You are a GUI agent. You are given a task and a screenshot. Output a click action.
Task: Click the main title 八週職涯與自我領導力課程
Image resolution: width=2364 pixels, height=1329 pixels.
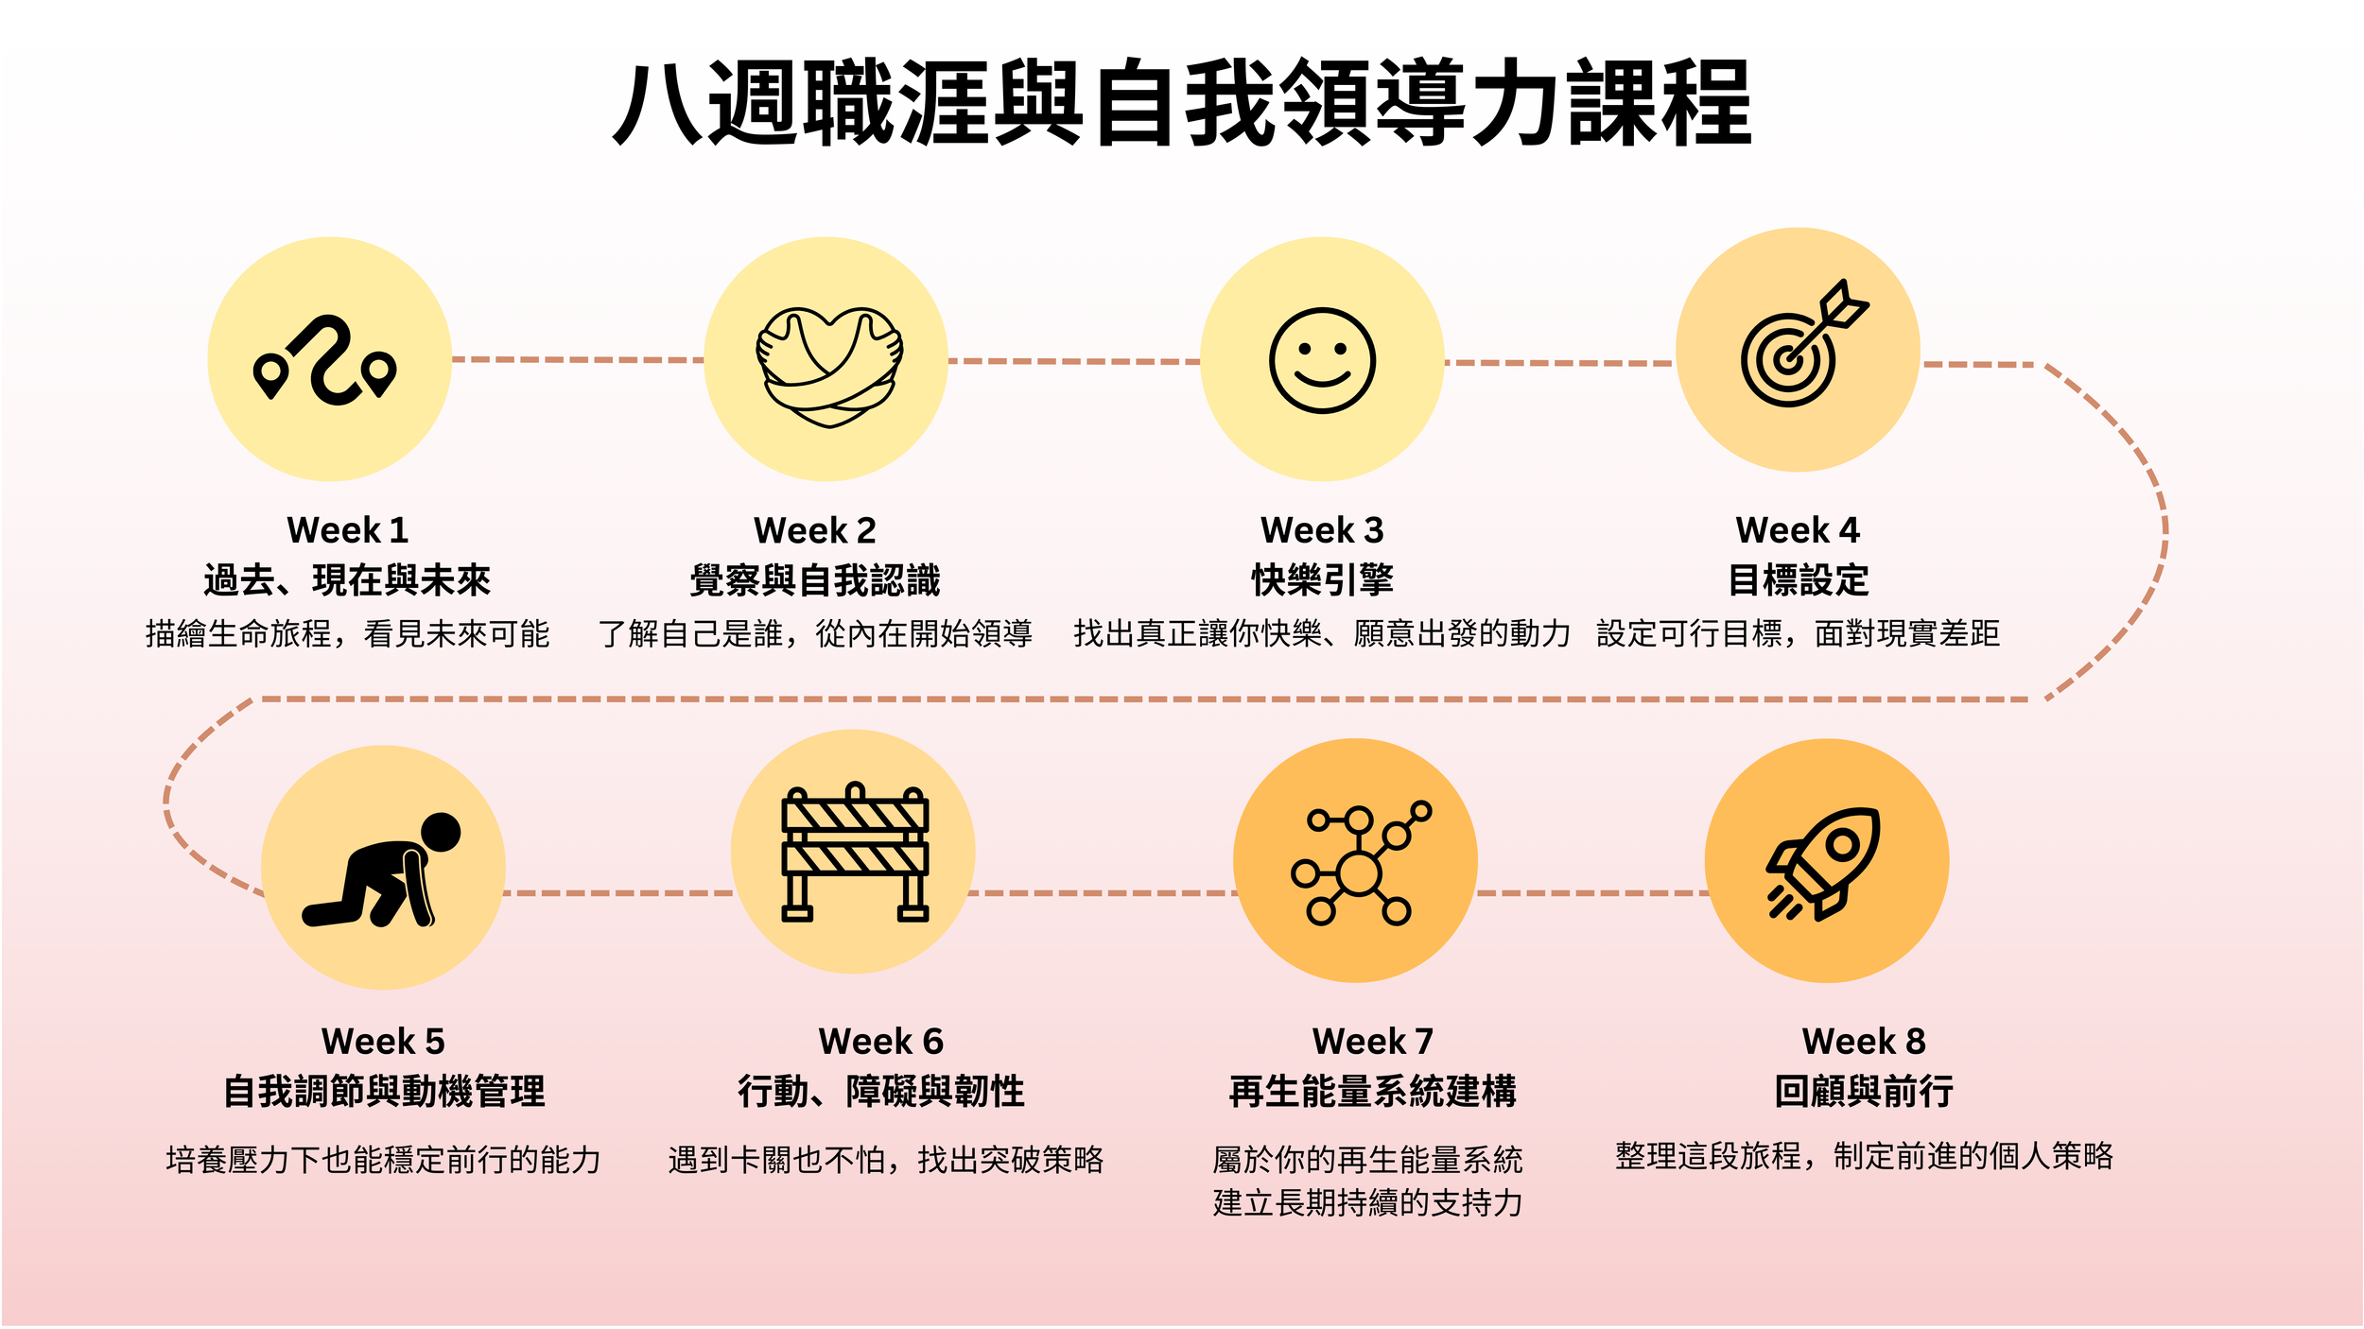(1182, 102)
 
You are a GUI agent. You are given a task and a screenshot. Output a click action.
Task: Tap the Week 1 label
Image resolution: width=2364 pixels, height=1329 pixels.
(347, 530)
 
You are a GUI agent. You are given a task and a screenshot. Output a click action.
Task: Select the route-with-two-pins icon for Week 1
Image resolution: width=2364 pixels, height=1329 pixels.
(326, 360)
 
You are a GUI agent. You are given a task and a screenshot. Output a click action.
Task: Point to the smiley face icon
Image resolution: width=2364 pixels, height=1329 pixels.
(1321, 360)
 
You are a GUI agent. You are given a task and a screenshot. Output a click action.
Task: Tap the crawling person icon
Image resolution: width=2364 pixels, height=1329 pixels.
(383, 870)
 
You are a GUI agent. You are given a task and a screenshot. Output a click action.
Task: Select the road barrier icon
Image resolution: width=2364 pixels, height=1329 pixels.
(854, 853)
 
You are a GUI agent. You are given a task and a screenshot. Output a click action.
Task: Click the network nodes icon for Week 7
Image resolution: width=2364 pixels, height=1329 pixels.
(1358, 864)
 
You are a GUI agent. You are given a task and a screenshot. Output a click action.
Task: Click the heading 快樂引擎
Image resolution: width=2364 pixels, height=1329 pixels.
(1322, 580)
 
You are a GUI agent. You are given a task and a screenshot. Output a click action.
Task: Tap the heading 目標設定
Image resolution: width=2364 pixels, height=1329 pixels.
(1798, 580)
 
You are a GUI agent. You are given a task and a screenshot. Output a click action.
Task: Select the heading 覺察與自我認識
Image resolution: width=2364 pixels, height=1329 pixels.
(814, 580)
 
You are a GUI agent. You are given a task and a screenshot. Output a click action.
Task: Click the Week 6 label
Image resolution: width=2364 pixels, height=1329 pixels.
(880, 1042)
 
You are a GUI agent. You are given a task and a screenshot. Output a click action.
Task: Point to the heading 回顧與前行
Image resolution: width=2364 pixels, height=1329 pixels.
(1863, 1092)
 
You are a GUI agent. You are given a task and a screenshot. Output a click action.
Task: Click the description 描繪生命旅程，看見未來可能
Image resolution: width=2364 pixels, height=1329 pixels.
(347, 633)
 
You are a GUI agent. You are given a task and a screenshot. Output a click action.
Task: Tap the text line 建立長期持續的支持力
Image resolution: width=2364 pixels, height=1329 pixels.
(1367, 1203)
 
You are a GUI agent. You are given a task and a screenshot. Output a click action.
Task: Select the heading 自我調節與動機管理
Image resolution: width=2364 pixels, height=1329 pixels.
(383, 1092)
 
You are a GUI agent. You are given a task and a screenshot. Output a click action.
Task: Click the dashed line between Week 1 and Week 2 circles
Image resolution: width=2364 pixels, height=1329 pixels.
(577, 360)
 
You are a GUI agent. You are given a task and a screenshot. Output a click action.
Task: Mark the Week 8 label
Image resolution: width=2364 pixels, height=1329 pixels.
(1863, 1042)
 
